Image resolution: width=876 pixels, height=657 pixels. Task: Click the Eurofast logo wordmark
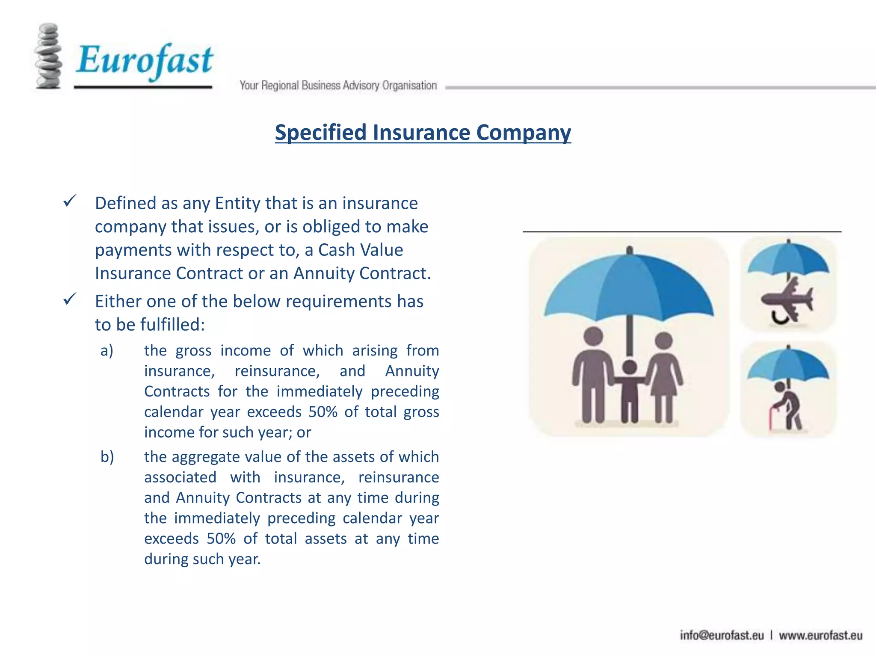pos(145,60)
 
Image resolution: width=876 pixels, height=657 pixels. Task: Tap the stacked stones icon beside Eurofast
pos(48,56)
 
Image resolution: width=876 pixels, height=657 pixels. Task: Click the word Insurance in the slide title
pos(421,132)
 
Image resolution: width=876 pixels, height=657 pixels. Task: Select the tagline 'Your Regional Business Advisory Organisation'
pos(338,86)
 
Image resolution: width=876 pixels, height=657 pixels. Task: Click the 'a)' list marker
pos(107,351)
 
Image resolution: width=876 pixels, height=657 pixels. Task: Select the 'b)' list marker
pos(107,457)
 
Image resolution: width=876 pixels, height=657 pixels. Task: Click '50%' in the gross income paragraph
pos(323,412)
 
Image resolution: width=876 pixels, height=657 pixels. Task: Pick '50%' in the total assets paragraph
pos(221,539)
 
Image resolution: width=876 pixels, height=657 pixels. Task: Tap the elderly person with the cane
pos(787,404)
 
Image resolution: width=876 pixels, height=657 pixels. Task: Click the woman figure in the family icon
pos(663,376)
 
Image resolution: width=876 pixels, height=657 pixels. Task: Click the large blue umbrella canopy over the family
pos(629,287)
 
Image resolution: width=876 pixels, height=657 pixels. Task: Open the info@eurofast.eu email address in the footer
pos(722,636)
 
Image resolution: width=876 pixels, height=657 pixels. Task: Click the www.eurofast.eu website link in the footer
pos(820,636)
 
